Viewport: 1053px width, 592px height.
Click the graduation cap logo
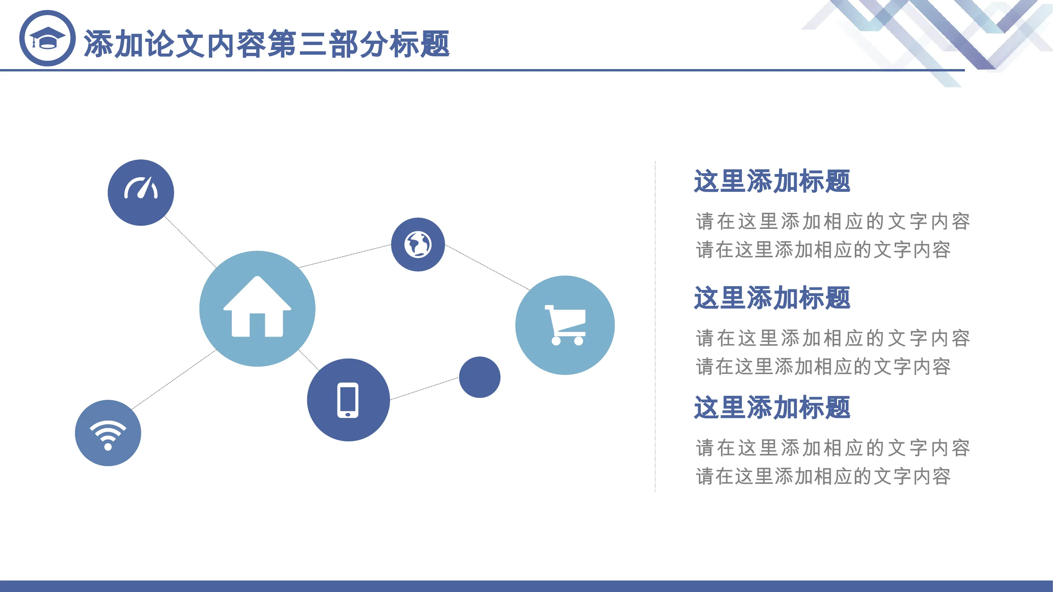[x=47, y=38]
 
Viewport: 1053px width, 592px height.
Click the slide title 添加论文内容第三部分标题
[x=267, y=44]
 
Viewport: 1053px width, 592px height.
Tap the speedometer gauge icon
[x=141, y=188]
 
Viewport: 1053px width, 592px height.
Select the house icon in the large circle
[x=257, y=306]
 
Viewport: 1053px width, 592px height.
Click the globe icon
[x=418, y=244]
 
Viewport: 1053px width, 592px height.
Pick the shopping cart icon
[x=565, y=325]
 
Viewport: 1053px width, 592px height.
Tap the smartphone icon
[x=348, y=400]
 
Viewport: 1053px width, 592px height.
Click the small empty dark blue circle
[x=479, y=377]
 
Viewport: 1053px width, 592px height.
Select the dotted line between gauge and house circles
[x=190, y=242]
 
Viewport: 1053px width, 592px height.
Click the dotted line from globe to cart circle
[x=487, y=268]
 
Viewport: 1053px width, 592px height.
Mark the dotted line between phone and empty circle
[x=424, y=388]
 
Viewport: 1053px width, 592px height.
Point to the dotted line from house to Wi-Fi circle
[x=174, y=380]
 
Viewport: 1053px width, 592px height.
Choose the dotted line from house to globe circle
[x=345, y=256]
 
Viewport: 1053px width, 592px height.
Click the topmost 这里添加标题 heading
[x=772, y=181]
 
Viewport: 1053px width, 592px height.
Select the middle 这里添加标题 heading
[x=772, y=298]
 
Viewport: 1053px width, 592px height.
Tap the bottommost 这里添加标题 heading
[x=772, y=407]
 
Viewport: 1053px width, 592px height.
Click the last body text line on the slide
[x=823, y=476]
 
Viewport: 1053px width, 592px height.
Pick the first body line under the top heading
[x=833, y=221]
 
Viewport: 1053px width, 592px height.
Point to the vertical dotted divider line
[x=655, y=326]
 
